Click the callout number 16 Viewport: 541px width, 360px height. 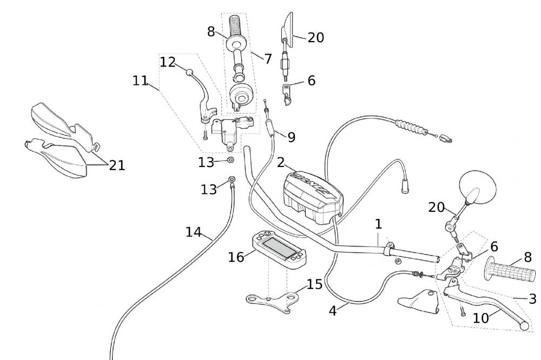click(x=236, y=257)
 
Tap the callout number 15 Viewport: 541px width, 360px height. click(x=315, y=284)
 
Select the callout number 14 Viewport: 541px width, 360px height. click(x=193, y=232)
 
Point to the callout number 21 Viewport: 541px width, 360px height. click(x=117, y=165)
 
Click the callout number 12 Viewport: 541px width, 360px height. click(x=168, y=62)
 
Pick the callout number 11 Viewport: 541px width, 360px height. click(x=140, y=81)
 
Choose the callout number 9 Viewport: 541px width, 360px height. click(x=291, y=137)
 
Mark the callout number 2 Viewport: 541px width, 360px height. click(x=281, y=162)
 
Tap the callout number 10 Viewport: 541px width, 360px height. click(x=480, y=318)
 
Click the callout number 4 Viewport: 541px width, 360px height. click(x=333, y=311)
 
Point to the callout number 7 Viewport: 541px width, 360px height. click(x=268, y=58)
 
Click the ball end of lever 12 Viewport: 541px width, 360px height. click(x=190, y=72)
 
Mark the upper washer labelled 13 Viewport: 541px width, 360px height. click(x=231, y=160)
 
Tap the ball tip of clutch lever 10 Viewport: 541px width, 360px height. click(x=523, y=326)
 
